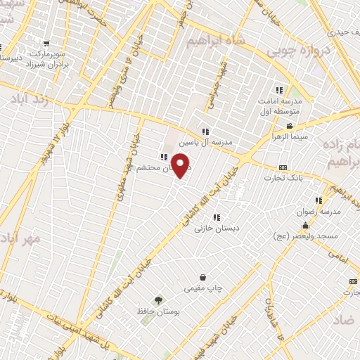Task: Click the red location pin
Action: tap(181, 166)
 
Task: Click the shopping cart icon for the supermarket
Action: tap(46, 42)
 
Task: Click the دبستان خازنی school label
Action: tap(217, 228)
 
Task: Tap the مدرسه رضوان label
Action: tap(323, 211)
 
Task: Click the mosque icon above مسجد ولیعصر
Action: tap(305, 226)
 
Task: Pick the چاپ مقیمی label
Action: tap(202, 288)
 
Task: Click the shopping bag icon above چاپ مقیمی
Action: tap(202, 277)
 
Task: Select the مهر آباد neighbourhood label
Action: tap(21, 238)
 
